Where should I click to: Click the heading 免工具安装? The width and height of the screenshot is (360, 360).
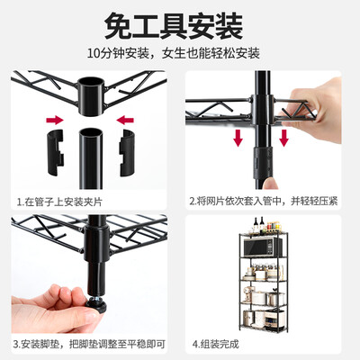pos(174,26)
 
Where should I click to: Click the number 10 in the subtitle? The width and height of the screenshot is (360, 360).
pos(93,54)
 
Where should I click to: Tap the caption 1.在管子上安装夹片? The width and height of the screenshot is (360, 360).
pos(59,202)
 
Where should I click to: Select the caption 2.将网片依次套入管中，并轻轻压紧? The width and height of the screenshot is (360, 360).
pos(264,201)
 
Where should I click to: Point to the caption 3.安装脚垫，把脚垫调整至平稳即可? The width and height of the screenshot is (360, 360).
pos(89,344)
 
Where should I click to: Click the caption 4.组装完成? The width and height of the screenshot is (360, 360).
pos(215,344)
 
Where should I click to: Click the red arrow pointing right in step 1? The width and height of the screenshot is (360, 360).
pos(55,121)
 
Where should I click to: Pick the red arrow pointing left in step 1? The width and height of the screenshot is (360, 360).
pos(125,121)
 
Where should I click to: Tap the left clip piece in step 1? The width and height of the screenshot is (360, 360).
pos(56,152)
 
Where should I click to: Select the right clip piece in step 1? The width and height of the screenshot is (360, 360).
pos(127,152)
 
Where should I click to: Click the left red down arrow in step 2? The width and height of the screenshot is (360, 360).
pos(238,138)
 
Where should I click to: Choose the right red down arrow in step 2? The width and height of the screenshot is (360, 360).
pos(283,138)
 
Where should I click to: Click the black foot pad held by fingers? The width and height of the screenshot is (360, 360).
pos(96,305)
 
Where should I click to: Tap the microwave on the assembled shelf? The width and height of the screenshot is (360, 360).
pos(263,247)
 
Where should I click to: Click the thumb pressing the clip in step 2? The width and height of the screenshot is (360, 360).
pos(270,184)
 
